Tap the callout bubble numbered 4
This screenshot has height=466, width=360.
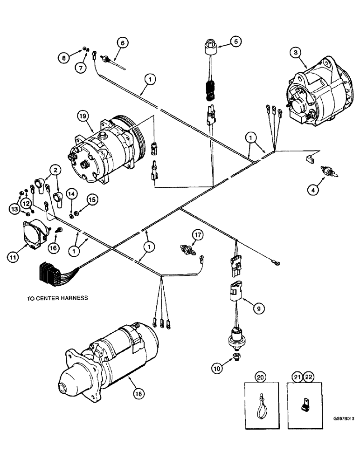click(310, 189)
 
